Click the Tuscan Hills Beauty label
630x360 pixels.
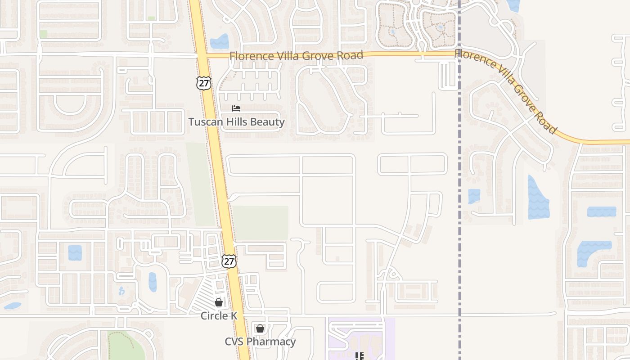236,122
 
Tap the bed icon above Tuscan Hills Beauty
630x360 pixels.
236,108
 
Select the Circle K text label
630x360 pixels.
219,316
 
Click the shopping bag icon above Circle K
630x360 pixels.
219,302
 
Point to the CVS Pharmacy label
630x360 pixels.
260,342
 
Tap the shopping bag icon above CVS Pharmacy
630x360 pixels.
260,328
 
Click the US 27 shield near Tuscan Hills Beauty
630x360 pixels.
203,83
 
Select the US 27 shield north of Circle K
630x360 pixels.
229,261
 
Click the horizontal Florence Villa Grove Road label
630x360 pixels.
296,56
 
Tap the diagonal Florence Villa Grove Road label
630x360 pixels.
506,90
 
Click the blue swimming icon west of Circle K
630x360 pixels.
121,291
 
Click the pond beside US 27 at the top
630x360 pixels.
220,42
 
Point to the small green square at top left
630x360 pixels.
43,34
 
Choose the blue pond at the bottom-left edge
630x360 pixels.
12,306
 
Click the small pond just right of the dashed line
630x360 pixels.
474,196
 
